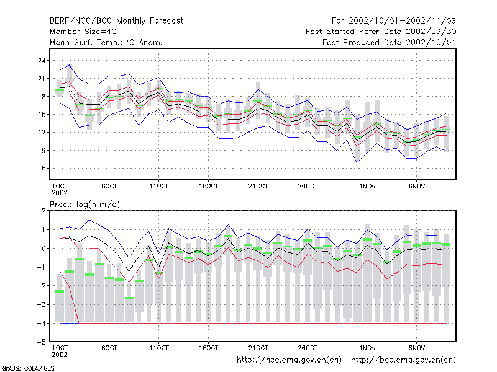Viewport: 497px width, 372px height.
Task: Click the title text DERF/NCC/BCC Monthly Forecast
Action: pos(116,21)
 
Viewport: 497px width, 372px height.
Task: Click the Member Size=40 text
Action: pos(83,32)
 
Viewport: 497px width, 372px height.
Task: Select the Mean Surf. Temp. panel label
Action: pos(106,42)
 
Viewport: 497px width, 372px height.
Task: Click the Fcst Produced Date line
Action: pos(389,42)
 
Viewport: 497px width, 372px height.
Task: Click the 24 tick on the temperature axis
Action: pos(42,61)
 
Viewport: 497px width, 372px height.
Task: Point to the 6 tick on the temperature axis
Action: pos(43,168)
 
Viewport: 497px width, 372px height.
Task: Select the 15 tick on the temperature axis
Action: pos(42,115)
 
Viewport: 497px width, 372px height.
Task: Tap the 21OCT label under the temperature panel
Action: pos(258,187)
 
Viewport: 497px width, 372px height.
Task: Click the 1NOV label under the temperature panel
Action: pos(367,187)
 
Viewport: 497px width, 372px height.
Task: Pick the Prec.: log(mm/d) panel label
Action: pos(84,205)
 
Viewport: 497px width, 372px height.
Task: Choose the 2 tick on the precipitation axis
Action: pos(43,211)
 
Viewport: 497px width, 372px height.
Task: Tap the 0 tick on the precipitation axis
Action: pos(43,249)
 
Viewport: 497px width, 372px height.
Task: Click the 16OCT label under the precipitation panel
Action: pos(209,348)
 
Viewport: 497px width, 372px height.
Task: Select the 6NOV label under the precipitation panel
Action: pos(416,348)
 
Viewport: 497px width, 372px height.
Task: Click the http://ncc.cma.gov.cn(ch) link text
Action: pos(289,360)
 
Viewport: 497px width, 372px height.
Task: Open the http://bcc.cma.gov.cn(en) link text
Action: pos(403,360)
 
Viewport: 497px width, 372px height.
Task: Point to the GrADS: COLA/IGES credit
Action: pos(28,368)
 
